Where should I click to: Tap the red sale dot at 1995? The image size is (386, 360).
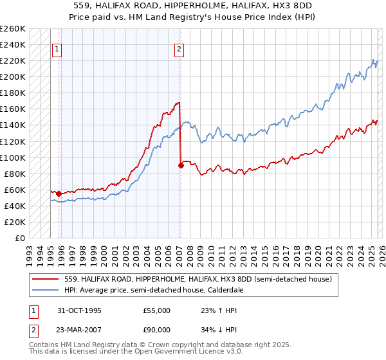(59, 194)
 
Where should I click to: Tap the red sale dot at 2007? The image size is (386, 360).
(181, 165)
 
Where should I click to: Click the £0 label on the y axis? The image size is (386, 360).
(19, 238)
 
